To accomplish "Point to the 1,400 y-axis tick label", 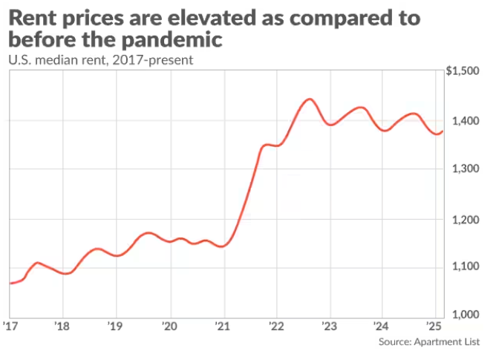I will click(466, 121).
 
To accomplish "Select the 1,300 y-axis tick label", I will click(466, 170).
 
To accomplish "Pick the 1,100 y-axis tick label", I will click(466, 267).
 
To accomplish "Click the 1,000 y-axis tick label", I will click(466, 315).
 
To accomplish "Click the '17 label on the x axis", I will click(10, 326).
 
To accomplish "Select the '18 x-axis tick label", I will click(62, 326).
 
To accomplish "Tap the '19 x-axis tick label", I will click(114, 326).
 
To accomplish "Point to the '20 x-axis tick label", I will click(170, 326).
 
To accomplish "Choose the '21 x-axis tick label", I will click(222, 326).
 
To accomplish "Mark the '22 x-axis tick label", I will click(275, 326).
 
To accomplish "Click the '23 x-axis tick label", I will click(329, 326).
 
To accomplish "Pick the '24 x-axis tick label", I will click(382, 326).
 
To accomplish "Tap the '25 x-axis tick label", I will click(434, 326).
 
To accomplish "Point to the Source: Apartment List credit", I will click(428, 342).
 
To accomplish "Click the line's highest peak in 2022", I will click(310, 99).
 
